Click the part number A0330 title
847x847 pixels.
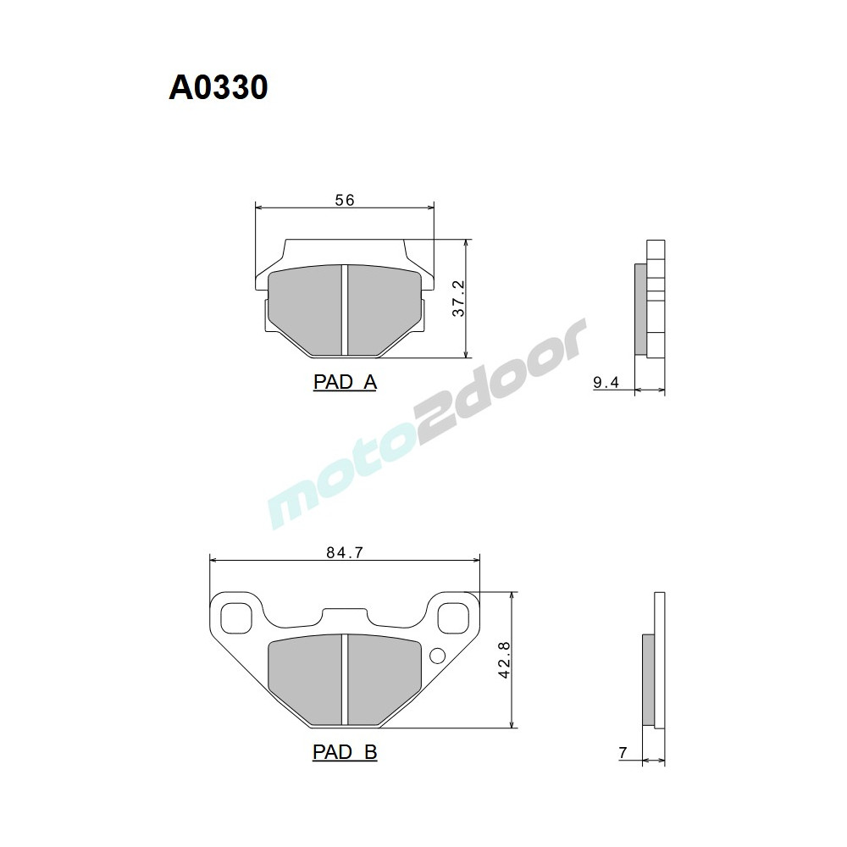(x=219, y=87)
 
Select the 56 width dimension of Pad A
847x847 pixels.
(x=344, y=200)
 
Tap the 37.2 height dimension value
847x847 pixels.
(x=458, y=299)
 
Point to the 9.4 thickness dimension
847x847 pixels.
(x=606, y=383)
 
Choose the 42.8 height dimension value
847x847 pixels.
(x=505, y=660)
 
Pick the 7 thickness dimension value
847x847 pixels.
(x=623, y=752)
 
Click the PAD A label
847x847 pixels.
(x=345, y=382)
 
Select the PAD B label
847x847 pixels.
(x=345, y=751)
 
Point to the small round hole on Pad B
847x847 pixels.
(x=438, y=656)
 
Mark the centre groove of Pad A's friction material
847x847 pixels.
(x=345, y=309)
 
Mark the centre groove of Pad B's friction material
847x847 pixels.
(x=345, y=680)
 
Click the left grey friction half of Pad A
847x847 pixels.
(x=305, y=309)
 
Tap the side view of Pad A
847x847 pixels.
(x=650, y=299)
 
